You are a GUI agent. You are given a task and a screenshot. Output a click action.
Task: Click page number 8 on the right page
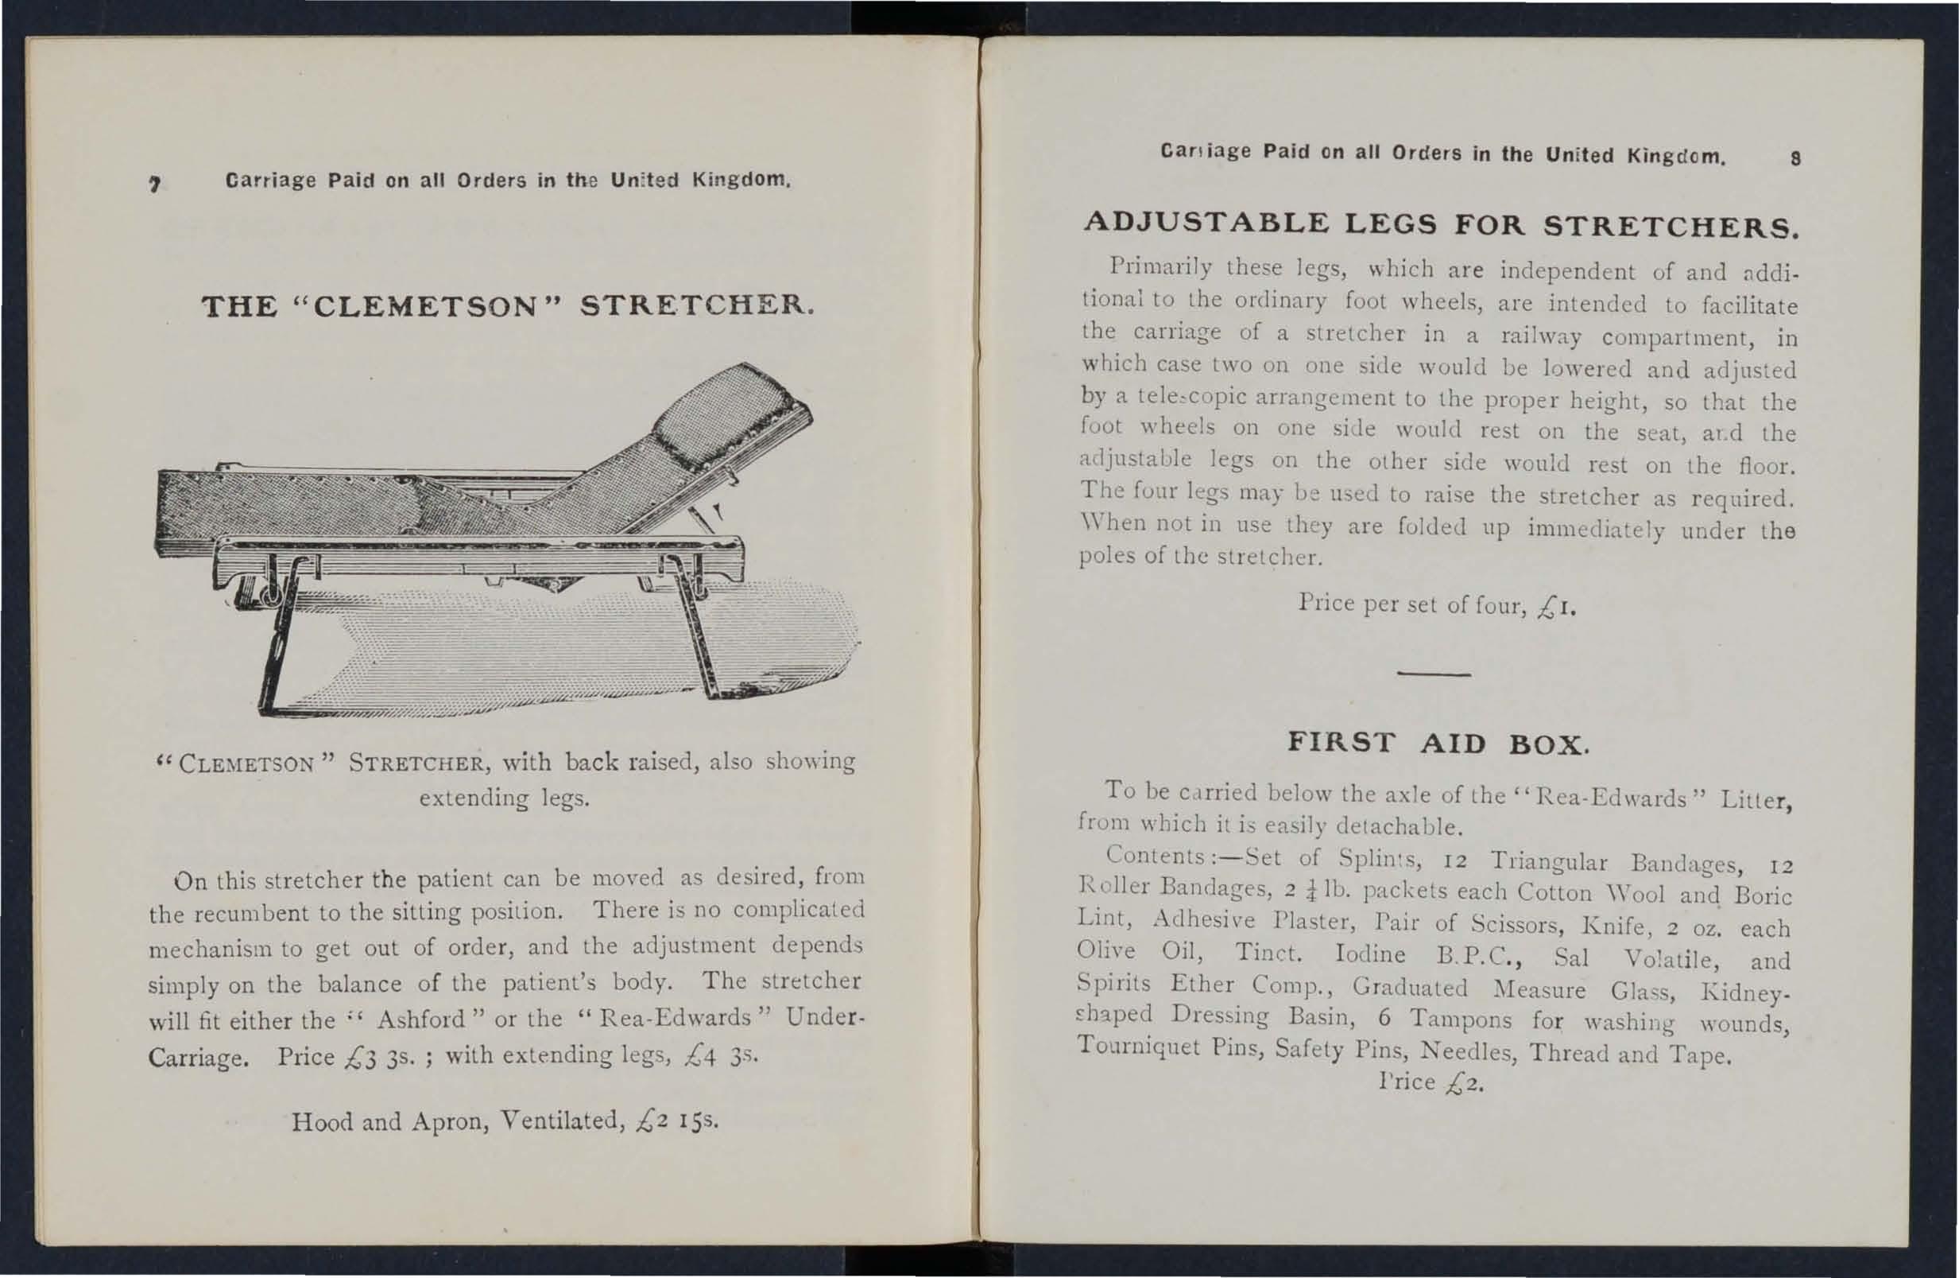(1795, 159)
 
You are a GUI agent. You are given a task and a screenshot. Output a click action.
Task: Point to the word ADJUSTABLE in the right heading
(1206, 223)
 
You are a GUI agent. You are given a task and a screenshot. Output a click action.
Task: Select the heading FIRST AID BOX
(1436, 743)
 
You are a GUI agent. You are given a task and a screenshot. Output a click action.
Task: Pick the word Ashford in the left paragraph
(422, 1020)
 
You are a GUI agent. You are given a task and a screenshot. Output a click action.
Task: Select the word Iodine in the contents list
(1369, 954)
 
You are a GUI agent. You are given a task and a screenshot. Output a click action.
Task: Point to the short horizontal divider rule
(1434, 676)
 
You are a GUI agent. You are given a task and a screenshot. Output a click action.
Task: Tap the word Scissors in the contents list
(1517, 924)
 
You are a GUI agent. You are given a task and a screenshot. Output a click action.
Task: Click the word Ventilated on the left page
(564, 1121)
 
